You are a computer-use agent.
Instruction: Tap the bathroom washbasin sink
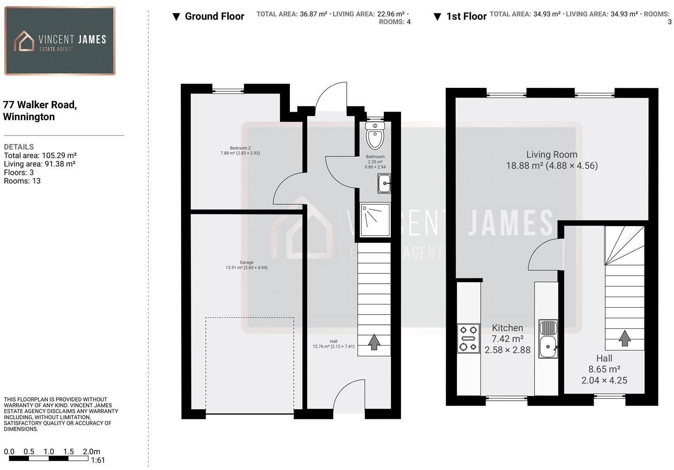[384, 183]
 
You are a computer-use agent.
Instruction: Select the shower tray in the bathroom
[375, 220]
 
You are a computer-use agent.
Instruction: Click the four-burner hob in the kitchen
[468, 338]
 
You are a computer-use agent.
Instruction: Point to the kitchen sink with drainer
[548, 339]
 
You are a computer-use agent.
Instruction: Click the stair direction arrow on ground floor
[374, 342]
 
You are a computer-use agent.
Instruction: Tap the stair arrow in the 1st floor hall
[624, 338]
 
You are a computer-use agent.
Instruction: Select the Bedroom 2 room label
[240, 148]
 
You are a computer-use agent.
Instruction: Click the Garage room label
[247, 262]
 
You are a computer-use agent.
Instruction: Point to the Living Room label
[551, 154]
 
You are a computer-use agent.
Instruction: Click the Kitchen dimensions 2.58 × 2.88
[507, 350]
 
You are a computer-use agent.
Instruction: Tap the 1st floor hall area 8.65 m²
[604, 369]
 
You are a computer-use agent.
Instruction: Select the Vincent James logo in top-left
[60, 41]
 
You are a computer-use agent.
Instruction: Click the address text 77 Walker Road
[40, 105]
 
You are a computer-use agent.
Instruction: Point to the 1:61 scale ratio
[97, 460]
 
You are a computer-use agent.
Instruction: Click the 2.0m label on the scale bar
[91, 451]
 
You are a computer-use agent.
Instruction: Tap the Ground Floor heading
[214, 16]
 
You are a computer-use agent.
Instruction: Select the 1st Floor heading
[466, 16]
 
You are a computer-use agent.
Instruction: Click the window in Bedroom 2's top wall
[228, 91]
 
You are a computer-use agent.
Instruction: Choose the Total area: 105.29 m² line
[40, 155]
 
